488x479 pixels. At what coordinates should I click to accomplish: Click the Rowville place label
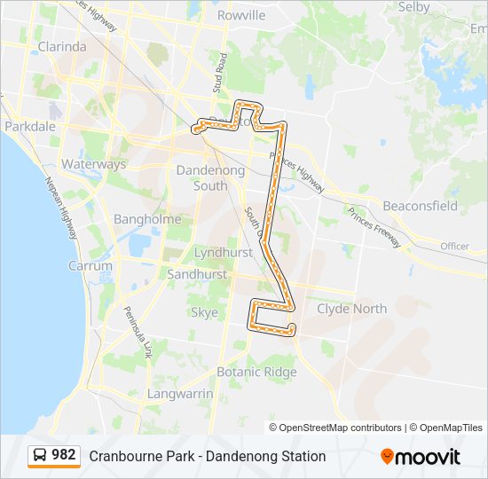(240, 15)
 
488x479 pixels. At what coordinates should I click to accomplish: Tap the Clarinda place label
(61, 46)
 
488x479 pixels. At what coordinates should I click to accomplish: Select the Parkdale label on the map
(30, 127)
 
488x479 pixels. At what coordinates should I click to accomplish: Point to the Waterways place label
(93, 164)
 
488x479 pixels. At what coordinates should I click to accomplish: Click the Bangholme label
(147, 219)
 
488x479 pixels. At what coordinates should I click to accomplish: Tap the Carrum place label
(91, 265)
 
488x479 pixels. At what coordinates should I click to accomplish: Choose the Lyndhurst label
(223, 253)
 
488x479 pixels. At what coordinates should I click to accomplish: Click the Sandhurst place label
(197, 275)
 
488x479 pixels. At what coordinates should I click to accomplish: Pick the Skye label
(204, 312)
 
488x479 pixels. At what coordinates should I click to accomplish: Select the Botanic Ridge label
(256, 373)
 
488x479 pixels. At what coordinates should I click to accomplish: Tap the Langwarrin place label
(180, 393)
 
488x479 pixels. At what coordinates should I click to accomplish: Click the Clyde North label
(351, 309)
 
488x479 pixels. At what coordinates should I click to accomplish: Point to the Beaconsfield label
(420, 206)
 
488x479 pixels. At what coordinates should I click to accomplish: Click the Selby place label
(413, 7)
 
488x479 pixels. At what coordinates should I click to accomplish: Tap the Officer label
(454, 246)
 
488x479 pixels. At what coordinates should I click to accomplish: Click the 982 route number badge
(54, 455)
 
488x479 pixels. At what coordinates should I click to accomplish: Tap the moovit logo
(421, 457)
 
